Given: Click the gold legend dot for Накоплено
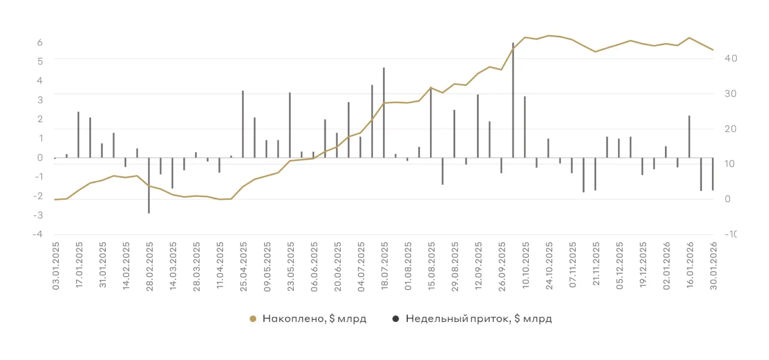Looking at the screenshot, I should (253, 319).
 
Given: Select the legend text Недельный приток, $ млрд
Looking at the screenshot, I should (479, 319).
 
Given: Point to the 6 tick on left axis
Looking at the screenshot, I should (40, 42).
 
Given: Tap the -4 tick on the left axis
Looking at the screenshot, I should (38, 234).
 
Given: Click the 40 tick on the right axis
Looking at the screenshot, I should (731, 58).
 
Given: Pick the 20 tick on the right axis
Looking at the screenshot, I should (731, 129).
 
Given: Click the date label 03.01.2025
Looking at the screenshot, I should (56, 266).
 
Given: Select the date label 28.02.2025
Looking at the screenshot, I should (150, 266).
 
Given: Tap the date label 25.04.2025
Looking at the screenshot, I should (243, 266).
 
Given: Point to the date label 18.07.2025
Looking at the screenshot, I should (384, 266).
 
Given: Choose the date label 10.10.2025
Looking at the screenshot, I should (526, 265).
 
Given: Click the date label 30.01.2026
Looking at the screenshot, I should (713, 266).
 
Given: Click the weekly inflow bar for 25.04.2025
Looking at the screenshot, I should (243, 124).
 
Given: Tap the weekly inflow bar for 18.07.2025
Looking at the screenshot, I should (384, 113).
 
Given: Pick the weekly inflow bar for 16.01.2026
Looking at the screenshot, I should (689, 137).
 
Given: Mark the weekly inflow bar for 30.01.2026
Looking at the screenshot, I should (713, 174).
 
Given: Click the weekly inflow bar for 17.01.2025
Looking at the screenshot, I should (78, 135).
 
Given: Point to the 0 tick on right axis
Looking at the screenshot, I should (727, 199).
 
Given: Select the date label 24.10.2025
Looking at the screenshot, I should (549, 266).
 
